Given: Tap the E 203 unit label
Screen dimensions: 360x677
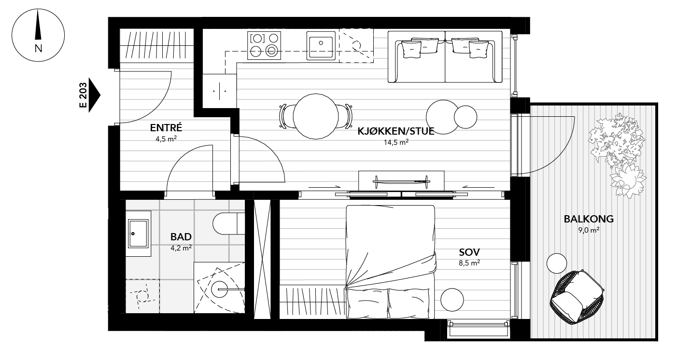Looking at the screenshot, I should click(84, 97).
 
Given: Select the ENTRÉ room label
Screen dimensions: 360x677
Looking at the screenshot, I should click(166, 128).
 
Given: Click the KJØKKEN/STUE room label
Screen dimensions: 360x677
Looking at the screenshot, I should click(395, 131).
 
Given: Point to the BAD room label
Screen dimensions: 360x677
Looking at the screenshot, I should click(181, 237).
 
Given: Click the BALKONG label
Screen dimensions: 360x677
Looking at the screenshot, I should click(589, 219).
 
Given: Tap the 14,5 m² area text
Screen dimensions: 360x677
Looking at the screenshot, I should click(395, 142).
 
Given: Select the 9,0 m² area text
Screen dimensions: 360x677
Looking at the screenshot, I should click(589, 230).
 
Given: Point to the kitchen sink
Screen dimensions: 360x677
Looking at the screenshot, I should click(321, 45).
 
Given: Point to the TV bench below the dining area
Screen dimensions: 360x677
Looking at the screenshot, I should click(401, 180).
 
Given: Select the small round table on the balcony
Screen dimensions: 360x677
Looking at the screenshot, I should click(557, 263).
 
